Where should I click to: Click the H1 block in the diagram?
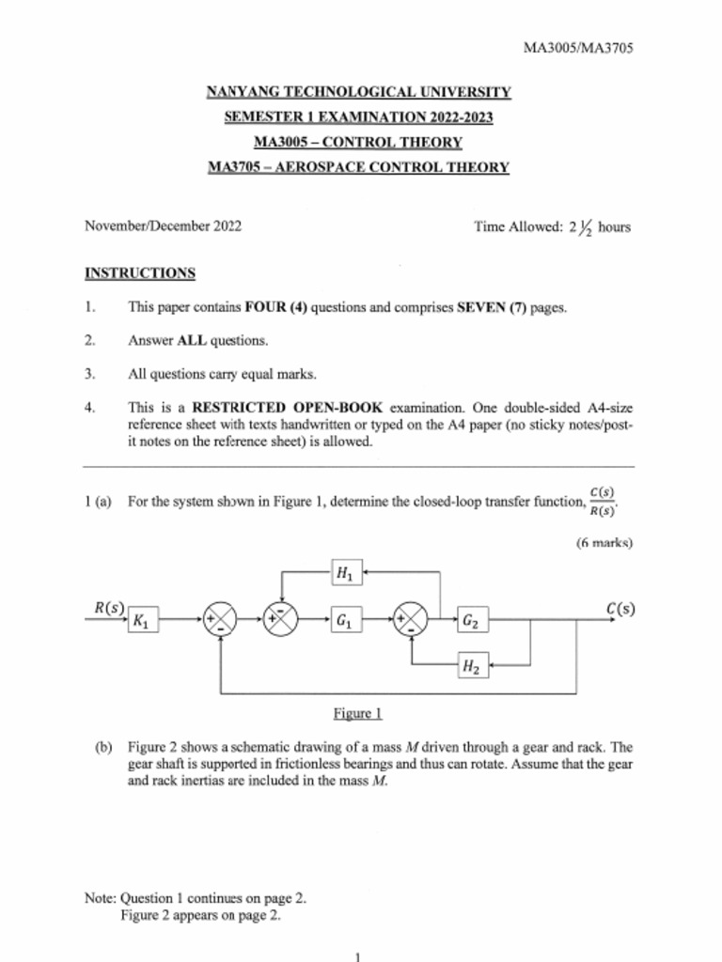tap(344, 571)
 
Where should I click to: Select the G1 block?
tap(344, 620)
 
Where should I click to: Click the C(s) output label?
tap(620, 608)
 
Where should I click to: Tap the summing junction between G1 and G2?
tap(411, 620)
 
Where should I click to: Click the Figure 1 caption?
tap(358, 714)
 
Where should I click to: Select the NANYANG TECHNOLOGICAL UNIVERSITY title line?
tap(358, 92)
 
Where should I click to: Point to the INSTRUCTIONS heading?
tap(140, 273)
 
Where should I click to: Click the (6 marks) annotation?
tap(604, 542)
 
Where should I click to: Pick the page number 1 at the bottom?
tap(358, 955)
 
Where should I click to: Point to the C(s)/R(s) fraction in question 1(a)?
tap(602, 502)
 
